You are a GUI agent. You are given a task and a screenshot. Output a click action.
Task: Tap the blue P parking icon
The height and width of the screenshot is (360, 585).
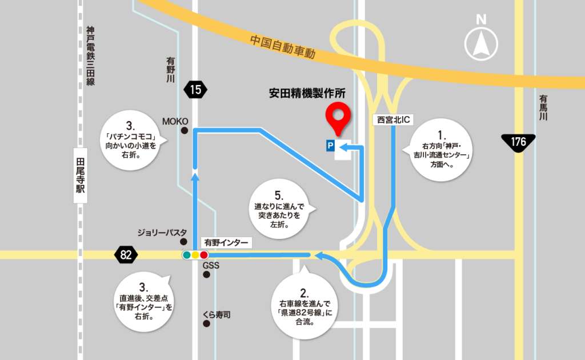(330, 146)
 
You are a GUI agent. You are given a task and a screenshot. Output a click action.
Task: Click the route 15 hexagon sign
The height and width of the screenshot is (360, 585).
(195, 89)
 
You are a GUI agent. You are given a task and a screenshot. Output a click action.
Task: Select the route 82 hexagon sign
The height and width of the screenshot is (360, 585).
(126, 255)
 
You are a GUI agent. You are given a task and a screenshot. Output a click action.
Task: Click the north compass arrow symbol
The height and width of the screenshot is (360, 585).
(482, 45)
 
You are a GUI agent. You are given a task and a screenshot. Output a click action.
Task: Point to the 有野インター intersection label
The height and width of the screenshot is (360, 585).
(227, 243)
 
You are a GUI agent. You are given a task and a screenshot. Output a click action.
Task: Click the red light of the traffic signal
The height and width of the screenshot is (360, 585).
(204, 255)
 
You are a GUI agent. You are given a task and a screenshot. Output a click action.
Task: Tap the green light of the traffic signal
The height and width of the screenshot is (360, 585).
(186, 255)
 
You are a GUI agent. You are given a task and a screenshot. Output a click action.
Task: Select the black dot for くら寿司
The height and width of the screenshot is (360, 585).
(207, 323)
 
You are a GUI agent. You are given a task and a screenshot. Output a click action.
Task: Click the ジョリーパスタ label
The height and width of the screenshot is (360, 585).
(162, 233)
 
